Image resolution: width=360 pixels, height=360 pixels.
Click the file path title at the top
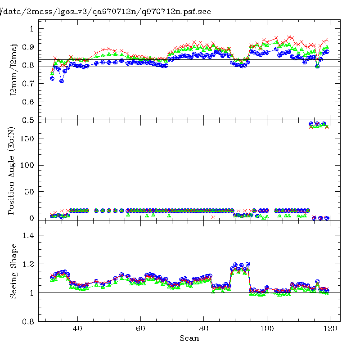pos(105,12)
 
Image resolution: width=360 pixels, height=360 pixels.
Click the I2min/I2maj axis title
pos(13,70)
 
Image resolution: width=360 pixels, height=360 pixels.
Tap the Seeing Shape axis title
pos(14,271)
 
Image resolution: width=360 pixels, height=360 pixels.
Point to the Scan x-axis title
pos(189,338)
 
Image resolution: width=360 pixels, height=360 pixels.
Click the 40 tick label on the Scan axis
pos(77,329)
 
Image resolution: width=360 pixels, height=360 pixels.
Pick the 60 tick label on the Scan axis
pos(140,329)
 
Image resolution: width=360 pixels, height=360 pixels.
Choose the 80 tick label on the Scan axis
pos(204,329)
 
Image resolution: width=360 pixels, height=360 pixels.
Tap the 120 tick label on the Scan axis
pos(330,329)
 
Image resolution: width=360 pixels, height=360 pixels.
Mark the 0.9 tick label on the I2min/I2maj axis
pos(28,47)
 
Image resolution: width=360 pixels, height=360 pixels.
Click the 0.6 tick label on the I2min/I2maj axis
pos(28,102)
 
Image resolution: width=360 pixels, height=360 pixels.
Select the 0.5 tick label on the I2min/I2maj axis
pos(28,120)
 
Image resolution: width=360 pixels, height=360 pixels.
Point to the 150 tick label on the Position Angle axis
pos(27,139)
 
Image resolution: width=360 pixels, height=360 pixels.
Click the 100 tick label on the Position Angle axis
pos(27,165)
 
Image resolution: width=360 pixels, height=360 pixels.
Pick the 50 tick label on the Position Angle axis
pos(29,192)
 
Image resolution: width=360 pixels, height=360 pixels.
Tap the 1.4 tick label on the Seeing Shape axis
pos(28,235)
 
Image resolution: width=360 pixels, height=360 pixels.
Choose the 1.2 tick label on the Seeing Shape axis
pos(28,264)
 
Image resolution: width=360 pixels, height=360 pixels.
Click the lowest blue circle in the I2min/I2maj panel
pos(62,81)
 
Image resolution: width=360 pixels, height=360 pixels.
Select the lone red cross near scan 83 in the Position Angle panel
pos(213,217)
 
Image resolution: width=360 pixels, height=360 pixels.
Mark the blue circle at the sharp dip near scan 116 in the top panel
pos(317,66)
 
